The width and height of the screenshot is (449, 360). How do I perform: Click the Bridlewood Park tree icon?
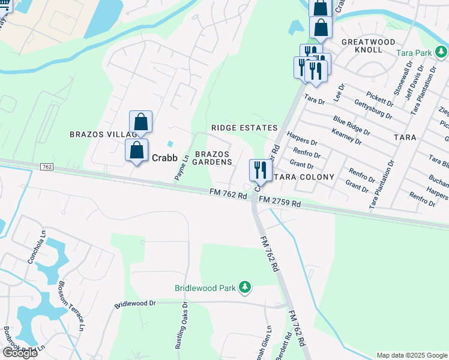pos(244,288)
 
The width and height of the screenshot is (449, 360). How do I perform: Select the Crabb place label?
pos(164,159)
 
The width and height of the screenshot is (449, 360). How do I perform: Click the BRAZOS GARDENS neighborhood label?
pos(212,158)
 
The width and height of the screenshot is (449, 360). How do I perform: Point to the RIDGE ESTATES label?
pos(244,128)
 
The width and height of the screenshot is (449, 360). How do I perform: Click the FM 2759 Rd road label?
pos(280,203)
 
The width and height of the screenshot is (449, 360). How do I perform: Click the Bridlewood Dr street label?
pos(135,304)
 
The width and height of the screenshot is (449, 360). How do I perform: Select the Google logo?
pos(20,353)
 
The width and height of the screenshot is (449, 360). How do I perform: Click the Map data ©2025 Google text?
pos(411,355)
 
